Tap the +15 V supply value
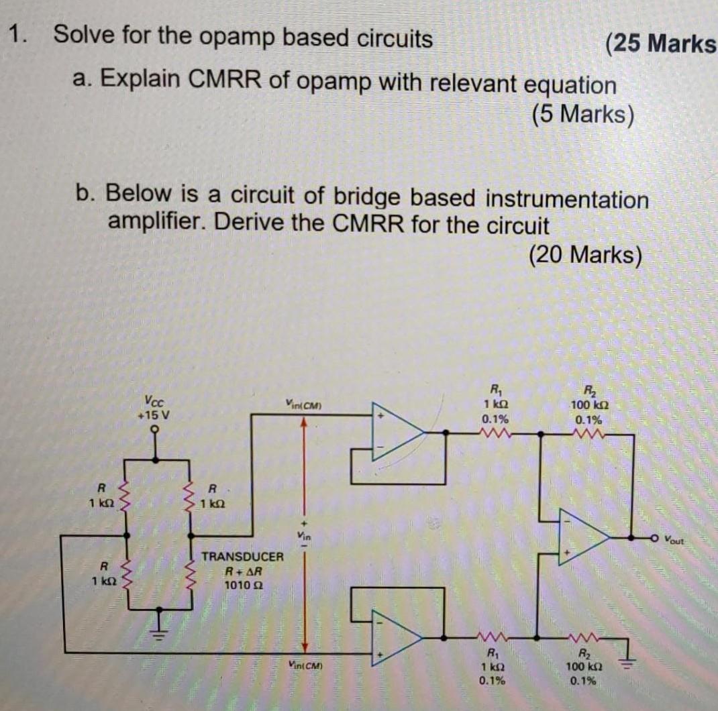pos(156,415)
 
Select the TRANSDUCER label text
pos(243,557)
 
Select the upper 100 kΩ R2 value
pos(588,406)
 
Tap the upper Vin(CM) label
pos(305,404)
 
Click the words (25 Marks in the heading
pos(660,44)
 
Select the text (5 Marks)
pos(582,115)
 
